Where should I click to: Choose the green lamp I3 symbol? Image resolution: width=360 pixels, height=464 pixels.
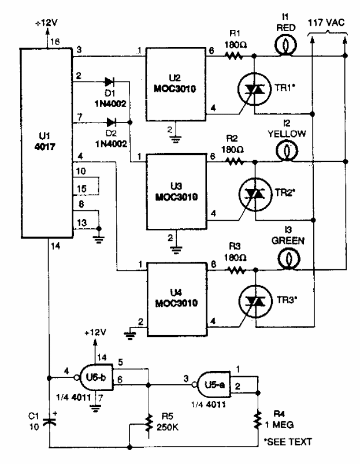284,261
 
